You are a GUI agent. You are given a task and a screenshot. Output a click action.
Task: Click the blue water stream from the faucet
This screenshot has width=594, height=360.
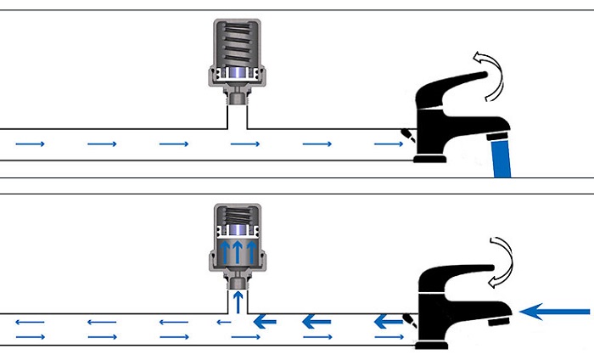click(502, 157)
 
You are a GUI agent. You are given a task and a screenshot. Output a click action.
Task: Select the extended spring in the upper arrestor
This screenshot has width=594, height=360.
click(235, 42)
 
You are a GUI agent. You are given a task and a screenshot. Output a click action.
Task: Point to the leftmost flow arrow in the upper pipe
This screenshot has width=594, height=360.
click(30, 145)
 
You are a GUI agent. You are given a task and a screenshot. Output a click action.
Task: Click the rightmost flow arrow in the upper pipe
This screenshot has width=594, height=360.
click(388, 145)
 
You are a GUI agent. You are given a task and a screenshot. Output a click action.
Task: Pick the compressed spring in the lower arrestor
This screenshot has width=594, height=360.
click(235, 219)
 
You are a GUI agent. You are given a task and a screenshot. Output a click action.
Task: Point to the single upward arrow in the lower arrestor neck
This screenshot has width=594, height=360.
click(238, 300)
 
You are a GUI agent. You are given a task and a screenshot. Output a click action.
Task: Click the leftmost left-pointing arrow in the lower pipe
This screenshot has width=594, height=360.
click(30, 322)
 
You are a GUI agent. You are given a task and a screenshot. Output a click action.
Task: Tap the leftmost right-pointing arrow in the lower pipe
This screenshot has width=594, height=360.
click(30, 337)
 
